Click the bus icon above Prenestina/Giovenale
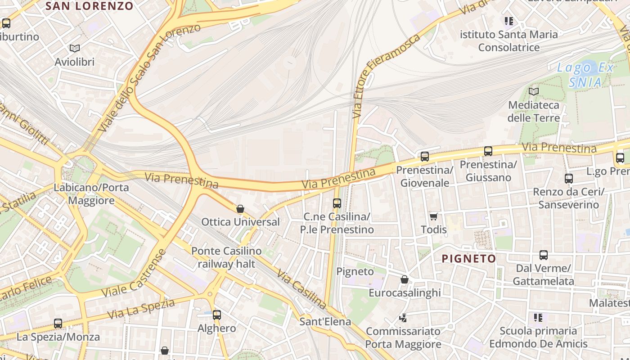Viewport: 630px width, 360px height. [424, 157]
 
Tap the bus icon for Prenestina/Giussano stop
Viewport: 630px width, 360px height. [488, 151]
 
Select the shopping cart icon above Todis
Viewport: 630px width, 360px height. [433, 216]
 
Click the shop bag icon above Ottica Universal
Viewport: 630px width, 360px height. [240, 209]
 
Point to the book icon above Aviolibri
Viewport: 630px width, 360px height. [75, 48]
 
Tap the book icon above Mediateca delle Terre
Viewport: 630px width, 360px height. [533, 92]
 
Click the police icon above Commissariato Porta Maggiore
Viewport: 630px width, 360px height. [403, 318]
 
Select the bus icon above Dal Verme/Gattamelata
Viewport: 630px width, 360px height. [543, 255]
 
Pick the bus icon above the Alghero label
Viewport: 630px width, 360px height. [217, 315]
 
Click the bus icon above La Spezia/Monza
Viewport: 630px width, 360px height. [58, 324]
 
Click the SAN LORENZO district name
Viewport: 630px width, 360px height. [90, 6]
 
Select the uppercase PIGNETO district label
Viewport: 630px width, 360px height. [469, 259]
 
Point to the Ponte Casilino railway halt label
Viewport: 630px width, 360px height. [226, 257]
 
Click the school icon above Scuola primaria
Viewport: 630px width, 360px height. [538, 318]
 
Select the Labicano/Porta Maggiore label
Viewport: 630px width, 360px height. [91, 194]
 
